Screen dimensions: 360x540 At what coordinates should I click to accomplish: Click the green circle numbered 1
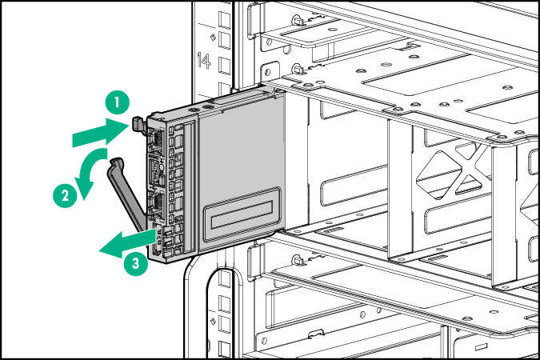pos(117,102)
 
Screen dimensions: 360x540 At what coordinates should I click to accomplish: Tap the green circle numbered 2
pos(63,193)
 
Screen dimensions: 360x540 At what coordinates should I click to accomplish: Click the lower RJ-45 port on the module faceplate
pos(156,206)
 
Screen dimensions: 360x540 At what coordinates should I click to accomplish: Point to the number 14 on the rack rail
pos(203,60)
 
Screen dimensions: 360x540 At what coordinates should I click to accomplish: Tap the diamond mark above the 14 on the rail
pos(211,37)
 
